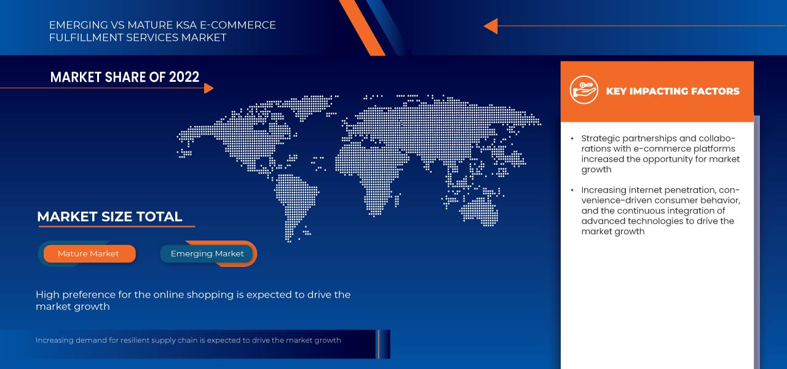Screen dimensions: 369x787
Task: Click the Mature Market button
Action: tap(89, 253)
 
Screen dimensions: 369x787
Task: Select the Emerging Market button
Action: tap(207, 253)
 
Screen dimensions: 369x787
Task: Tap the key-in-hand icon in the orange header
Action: tap(583, 91)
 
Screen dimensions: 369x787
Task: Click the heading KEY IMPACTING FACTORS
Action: tap(673, 91)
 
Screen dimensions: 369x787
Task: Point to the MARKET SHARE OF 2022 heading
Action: tap(125, 77)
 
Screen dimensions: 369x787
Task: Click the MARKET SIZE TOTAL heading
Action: tap(109, 216)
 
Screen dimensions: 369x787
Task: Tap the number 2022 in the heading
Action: tap(184, 77)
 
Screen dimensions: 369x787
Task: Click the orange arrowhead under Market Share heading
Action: tap(208, 88)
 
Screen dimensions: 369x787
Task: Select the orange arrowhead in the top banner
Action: tap(490, 26)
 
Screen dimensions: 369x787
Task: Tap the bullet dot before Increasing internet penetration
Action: tap(572, 191)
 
